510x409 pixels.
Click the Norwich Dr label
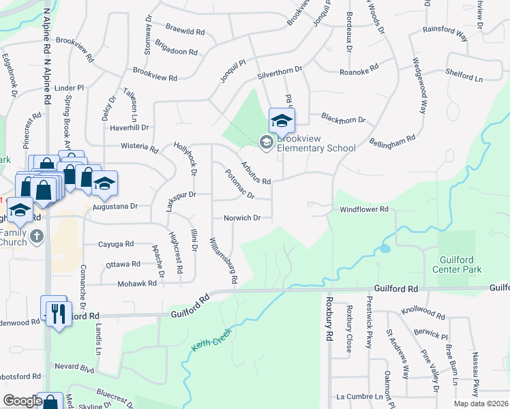coord(242,219)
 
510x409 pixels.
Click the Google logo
coord(22,401)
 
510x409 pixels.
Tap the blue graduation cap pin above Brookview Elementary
coord(281,122)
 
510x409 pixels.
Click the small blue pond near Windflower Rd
coord(386,248)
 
